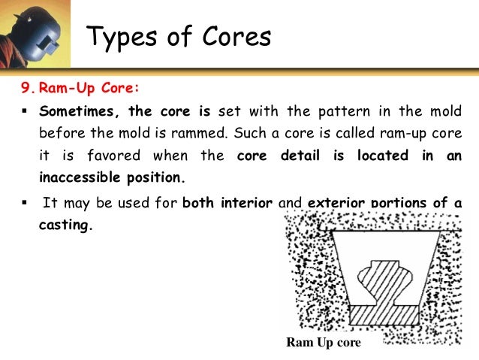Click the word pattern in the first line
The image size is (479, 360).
point(352,110)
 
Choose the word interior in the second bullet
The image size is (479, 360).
point(243,202)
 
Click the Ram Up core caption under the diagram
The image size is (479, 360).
point(324,343)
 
